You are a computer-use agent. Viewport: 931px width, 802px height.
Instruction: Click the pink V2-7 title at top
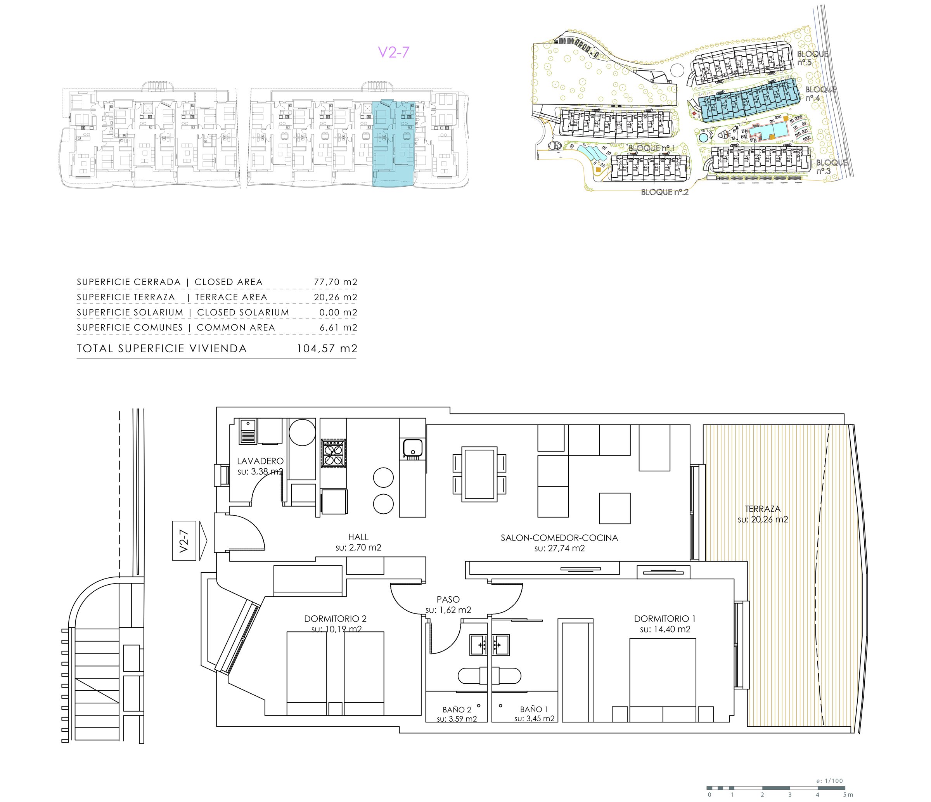[394, 52]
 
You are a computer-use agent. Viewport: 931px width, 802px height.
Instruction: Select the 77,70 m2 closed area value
[335, 282]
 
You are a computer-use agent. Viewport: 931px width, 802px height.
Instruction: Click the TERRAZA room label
[763, 509]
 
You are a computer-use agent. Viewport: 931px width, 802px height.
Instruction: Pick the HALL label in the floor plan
[358, 537]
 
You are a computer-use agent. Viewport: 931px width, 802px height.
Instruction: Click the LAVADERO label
[260, 461]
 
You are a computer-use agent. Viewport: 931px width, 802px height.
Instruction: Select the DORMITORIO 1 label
[665, 619]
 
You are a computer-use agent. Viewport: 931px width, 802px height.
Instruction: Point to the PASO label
[448, 599]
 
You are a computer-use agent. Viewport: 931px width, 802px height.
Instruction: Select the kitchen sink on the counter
[412, 449]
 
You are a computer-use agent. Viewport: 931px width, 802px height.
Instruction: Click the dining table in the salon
[479, 474]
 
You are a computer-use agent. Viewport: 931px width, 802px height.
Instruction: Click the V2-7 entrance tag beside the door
[184, 541]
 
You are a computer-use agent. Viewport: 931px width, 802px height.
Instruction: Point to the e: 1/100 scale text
[829, 781]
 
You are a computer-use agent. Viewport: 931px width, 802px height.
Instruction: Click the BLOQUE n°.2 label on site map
[665, 192]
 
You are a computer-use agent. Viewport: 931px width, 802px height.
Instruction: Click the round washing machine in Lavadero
[302, 432]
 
